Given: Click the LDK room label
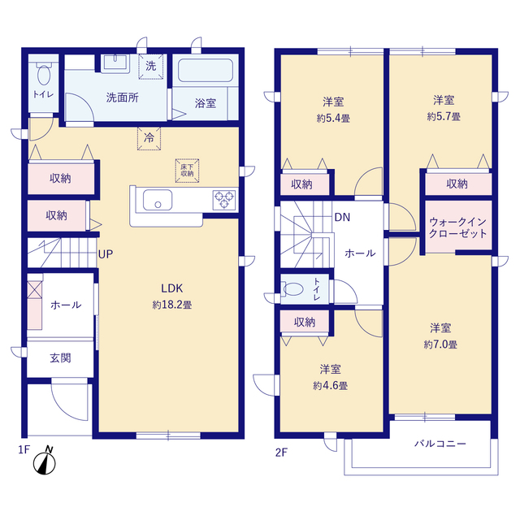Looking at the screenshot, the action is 171,288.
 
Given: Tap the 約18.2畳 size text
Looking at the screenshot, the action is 171,305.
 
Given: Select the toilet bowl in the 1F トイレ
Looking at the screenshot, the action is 43,74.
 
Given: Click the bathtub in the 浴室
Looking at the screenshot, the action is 206,71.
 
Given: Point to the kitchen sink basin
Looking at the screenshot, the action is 158,200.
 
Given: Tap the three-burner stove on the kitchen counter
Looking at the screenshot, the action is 224,200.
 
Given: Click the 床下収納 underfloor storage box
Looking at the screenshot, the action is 188,171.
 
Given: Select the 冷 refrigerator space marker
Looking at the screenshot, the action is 149,139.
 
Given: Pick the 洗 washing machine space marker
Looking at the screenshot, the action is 151,67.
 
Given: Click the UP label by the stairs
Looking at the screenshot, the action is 106,254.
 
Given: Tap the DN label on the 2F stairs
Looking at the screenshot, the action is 342,217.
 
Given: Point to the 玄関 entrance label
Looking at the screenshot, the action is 60,358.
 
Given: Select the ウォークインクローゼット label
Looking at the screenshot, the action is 457,227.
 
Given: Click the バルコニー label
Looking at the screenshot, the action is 440,444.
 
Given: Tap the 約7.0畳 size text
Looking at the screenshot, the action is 440,344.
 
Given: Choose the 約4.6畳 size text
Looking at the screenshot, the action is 331,386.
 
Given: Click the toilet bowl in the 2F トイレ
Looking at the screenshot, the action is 292,289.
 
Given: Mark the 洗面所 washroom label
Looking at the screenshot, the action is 123,97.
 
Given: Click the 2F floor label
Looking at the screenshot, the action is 281,453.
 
